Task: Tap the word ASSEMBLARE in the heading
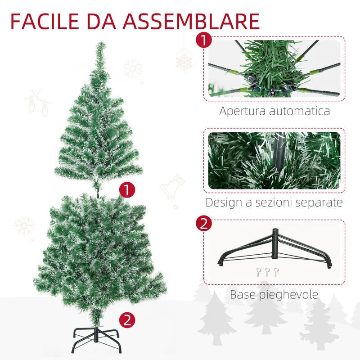click(191, 21)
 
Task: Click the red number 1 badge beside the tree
click(127, 190)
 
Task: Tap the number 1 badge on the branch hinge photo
click(204, 40)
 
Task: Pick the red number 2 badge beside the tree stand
click(127, 320)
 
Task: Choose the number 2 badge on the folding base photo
click(204, 223)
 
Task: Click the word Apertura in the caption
click(243, 111)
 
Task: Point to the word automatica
click(300, 111)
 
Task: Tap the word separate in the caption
click(319, 203)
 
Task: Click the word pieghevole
click(288, 295)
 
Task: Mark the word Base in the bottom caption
click(243, 295)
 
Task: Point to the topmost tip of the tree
click(101, 42)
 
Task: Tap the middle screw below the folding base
click(267, 272)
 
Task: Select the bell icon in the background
click(172, 187)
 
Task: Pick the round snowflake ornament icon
click(184, 61)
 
